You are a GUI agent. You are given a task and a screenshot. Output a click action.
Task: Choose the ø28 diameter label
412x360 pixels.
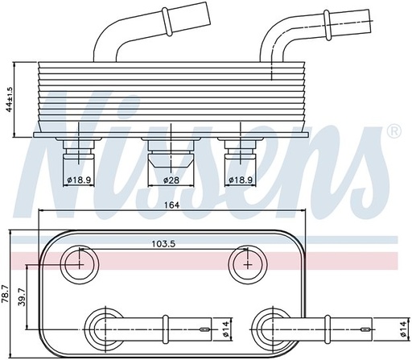(x=170, y=180)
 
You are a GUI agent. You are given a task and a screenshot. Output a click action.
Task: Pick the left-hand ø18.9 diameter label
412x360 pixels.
(x=80, y=180)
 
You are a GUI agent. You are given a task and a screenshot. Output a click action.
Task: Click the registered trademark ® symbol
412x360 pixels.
(x=393, y=130)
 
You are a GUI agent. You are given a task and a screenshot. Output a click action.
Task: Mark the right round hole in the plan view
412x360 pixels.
(x=242, y=262)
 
